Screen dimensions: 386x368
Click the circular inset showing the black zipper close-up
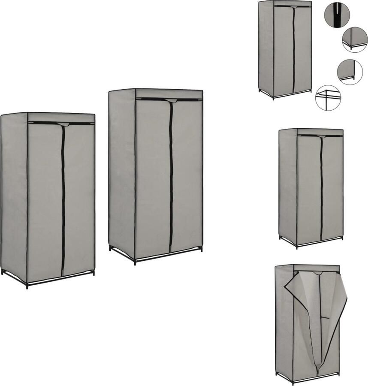(x=337, y=15)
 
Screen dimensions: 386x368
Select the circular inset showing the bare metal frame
(x=328, y=98)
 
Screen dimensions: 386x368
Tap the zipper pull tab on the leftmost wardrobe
(x=63, y=125)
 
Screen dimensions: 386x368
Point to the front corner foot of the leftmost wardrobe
(x=27, y=286)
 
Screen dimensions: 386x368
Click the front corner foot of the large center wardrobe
(x=136, y=262)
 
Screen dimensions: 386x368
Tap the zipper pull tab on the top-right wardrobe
(x=293, y=7)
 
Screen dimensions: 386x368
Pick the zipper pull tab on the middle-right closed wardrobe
(x=321, y=137)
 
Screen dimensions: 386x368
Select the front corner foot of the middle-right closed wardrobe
(x=297, y=247)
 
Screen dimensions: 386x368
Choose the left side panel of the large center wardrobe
(x=122, y=172)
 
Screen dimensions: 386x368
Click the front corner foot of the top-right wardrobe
(x=273, y=98)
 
